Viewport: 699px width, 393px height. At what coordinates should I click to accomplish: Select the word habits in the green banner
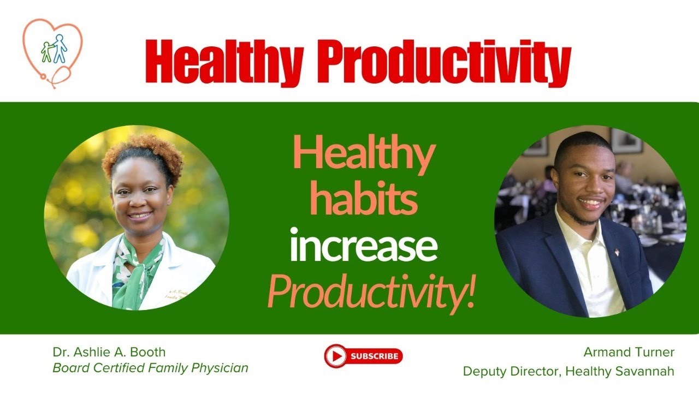coord(363,199)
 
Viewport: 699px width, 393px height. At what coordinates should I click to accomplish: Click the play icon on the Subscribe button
coord(336,356)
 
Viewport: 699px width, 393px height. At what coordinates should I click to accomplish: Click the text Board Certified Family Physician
coord(150,368)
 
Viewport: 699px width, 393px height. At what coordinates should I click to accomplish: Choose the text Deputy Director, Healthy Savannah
coord(568,371)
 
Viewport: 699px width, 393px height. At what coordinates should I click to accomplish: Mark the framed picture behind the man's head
coord(626,141)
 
